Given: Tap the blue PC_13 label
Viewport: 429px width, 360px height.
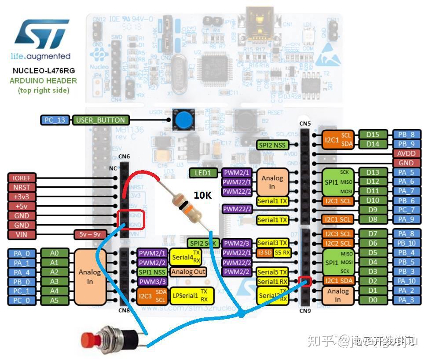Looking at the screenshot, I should click(x=55, y=120).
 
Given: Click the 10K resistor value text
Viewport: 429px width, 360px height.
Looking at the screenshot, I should click(x=202, y=195).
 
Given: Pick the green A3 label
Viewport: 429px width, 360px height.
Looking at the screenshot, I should click(x=54, y=281).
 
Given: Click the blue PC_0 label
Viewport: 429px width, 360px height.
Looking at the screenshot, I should click(x=22, y=301).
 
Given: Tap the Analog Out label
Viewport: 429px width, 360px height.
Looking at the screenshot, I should click(x=188, y=272).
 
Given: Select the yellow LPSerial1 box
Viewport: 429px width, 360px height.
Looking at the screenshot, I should click(x=192, y=295).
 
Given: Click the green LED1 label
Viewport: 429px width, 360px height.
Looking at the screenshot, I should click(x=203, y=173).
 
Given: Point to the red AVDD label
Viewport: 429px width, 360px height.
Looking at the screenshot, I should click(x=406, y=153).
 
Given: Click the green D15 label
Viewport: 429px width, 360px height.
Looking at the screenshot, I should click(x=372, y=135).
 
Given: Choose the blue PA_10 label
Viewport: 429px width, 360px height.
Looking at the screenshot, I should click(x=406, y=281).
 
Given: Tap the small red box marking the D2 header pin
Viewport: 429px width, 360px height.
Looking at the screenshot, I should click(x=304, y=280).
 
